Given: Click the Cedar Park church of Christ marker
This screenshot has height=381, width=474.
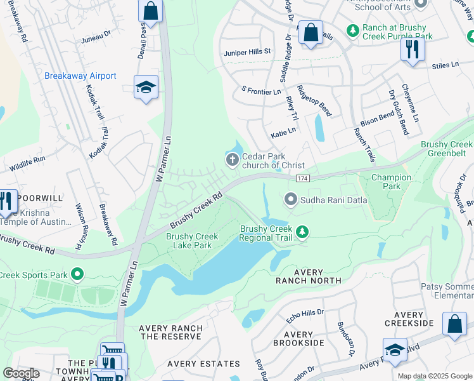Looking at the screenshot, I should click(233, 159).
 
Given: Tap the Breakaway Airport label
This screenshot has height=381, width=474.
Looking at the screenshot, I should click(80, 76).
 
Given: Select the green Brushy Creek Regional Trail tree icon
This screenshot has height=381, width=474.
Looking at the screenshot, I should click(302, 233).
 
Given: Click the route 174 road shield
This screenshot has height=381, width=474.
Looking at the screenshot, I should click(302, 180).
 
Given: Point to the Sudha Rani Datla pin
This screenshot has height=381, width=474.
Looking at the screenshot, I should click(291, 200).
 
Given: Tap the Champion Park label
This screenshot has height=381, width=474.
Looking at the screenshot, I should click(391, 182).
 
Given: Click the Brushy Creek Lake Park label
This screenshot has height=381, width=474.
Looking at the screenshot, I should click(192, 241).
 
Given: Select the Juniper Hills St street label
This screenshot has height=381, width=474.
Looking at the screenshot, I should click(247, 51).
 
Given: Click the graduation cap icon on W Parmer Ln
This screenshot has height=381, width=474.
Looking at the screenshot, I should click(146, 88).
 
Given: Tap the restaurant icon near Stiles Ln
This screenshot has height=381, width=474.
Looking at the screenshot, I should click(413, 48).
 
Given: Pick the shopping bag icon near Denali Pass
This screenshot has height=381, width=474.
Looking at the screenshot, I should click(150, 10).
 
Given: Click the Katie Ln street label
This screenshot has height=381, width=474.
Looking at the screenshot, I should click(283, 133).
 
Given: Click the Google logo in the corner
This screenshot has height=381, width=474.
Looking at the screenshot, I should click(21, 373).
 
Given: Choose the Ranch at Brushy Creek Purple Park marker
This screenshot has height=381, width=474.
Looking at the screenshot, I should click(352, 30).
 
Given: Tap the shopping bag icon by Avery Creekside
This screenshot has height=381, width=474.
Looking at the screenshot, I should click(454, 324).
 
